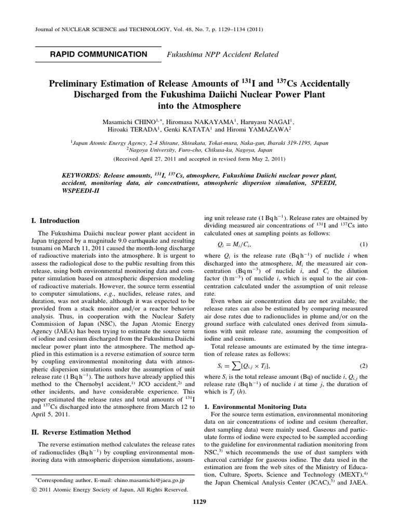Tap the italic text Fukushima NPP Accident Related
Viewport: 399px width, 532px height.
pos(222,55)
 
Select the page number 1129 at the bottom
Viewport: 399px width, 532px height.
pos(199,516)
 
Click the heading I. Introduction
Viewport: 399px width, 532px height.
pos(56,220)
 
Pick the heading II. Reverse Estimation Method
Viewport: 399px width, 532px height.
pos(82,432)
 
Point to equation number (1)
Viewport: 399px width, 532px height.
pos(364,244)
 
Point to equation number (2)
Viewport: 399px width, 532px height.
pos(364,365)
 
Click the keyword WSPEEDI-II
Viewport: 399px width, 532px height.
pos(78,191)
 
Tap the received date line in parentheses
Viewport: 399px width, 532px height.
pos(199,158)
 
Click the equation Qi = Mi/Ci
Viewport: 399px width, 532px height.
pos(231,244)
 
